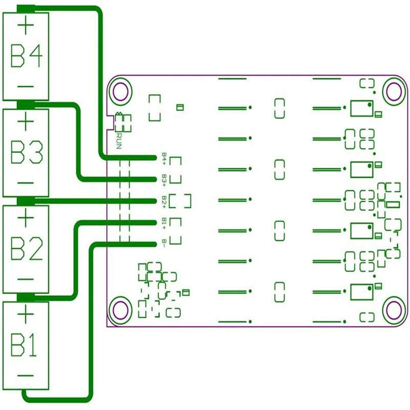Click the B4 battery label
point(26,56)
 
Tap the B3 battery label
point(26,152)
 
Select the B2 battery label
point(26,249)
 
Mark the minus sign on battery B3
point(26,183)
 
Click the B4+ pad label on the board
point(163,157)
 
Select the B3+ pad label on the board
point(163,179)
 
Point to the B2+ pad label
point(163,200)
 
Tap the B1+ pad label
point(163,222)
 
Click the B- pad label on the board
point(163,243)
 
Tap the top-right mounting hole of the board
point(395,91)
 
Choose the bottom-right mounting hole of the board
point(395,310)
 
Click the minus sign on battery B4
point(26,86)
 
